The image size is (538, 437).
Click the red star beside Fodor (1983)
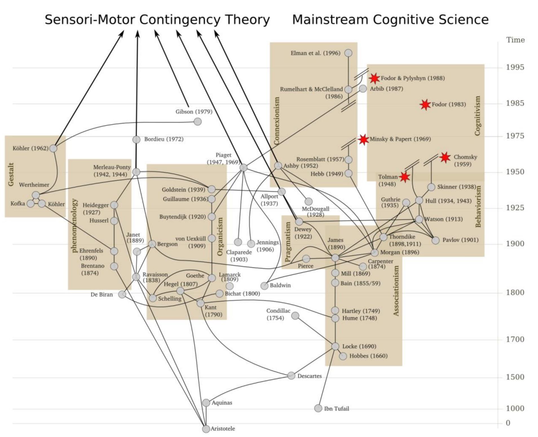(x=425, y=105)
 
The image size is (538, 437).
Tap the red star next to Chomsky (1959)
(x=445, y=158)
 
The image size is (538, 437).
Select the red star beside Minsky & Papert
(x=363, y=139)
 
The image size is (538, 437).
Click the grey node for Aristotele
(x=206, y=429)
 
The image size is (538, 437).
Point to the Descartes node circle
(x=291, y=376)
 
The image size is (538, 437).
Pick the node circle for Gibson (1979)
(x=198, y=122)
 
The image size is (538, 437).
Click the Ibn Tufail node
(x=318, y=408)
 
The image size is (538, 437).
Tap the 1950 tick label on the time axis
(x=515, y=172)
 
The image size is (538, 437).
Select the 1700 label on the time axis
(x=515, y=339)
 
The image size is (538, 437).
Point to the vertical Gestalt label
(x=11, y=174)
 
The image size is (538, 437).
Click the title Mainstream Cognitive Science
(x=390, y=20)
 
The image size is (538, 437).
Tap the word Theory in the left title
(x=247, y=20)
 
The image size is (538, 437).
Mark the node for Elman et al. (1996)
(x=349, y=53)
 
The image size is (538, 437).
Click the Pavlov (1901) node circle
(x=435, y=240)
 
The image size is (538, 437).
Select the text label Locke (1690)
(x=359, y=346)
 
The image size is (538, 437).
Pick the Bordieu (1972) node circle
(x=136, y=139)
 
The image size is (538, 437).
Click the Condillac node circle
(x=295, y=316)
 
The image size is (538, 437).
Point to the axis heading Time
(x=515, y=40)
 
